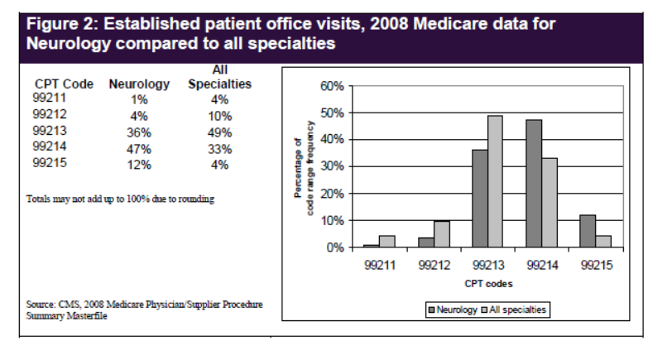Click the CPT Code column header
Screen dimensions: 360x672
pyautogui.click(x=64, y=84)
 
